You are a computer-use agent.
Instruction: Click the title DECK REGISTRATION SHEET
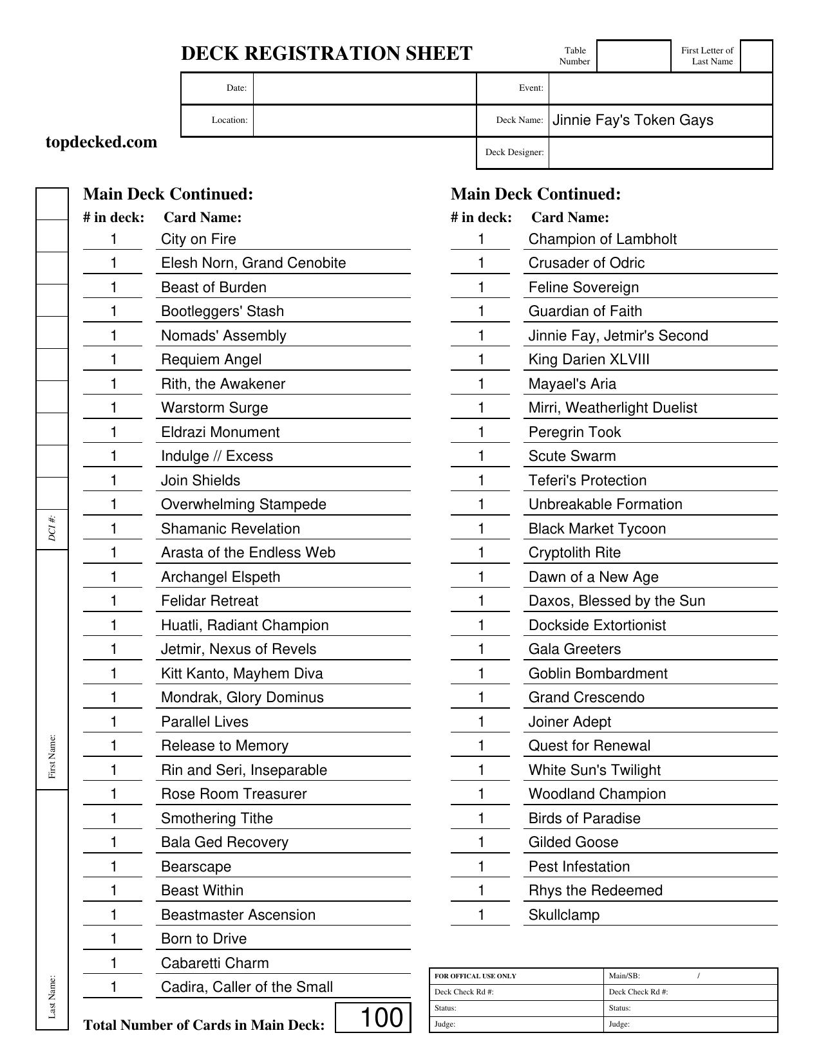[326, 53]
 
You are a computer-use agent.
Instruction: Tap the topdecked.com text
[101, 142]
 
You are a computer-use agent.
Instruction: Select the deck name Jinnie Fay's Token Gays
[632, 120]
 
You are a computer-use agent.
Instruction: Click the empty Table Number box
[634, 56]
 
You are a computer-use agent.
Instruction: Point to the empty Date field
[364, 88]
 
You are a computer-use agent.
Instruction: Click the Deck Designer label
[514, 153]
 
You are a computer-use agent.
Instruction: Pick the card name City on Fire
[198, 239]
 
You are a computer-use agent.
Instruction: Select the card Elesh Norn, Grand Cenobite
[253, 263]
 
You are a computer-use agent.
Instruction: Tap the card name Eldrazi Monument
[220, 433]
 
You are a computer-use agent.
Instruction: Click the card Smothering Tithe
[217, 819]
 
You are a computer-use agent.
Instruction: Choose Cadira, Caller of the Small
[247, 987]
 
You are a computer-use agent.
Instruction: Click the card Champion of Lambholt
[602, 239]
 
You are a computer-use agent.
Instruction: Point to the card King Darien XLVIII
[589, 360]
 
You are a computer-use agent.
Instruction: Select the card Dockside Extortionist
[597, 626]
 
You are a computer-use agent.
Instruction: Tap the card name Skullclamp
[563, 915]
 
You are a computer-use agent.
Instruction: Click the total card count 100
[381, 1018]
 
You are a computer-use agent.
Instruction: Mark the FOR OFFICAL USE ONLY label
[475, 976]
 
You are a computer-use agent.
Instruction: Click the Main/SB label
[624, 976]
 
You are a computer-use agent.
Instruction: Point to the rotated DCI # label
[53, 527]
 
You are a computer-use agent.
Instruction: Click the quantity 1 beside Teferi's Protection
[481, 481]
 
